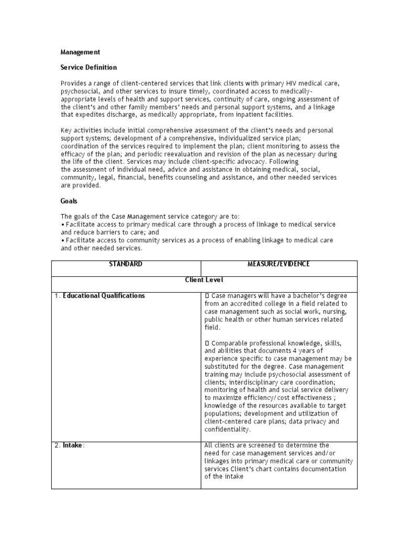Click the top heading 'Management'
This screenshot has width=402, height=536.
(x=80, y=52)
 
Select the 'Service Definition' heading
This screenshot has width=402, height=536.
(x=88, y=68)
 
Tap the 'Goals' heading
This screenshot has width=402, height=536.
(x=69, y=201)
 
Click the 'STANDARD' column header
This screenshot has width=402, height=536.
(x=126, y=264)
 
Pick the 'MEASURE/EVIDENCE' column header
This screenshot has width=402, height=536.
(x=278, y=264)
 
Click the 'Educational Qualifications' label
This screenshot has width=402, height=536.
(x=104, y=296)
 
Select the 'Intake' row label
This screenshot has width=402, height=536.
(x=73, y=445)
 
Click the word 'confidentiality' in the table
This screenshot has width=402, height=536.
(x=228, y=429)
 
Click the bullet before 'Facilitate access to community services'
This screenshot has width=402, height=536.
(x=63, y=240)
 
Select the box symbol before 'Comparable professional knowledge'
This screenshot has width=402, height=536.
(x=207, y=343)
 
